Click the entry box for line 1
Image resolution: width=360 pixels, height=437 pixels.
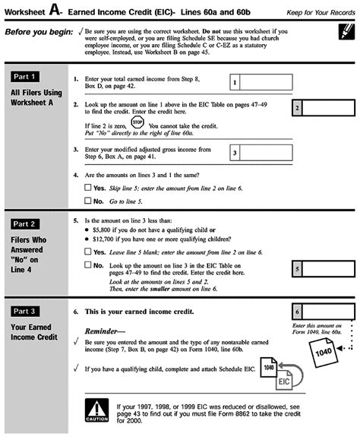coord(261,82)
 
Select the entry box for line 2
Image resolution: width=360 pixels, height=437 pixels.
coord(324,108)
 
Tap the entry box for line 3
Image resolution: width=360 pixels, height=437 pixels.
coord(261,153)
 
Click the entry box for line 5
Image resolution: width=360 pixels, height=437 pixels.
coord(324,269)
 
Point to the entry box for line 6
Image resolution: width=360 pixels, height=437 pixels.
coord(324,312)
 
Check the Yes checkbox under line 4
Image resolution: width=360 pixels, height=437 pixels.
coord(87,187)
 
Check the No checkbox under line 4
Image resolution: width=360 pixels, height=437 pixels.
coord(87,201)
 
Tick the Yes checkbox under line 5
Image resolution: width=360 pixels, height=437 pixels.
coord(87,252)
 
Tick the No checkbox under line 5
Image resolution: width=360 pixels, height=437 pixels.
coord(87,264)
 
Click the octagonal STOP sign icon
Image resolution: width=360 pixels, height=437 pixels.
coord(137,122)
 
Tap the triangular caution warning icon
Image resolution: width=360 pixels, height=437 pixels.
coord(96,410)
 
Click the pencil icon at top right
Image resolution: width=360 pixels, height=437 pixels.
coord(346,31)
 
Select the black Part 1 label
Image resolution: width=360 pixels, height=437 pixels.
coord(25,77)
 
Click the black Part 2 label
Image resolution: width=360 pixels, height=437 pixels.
coord(25,224)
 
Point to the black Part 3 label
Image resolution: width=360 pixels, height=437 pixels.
coord(25,312)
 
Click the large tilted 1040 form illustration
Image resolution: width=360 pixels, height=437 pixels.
coord(324,353)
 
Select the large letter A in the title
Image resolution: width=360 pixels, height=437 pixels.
coord(55,10)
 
